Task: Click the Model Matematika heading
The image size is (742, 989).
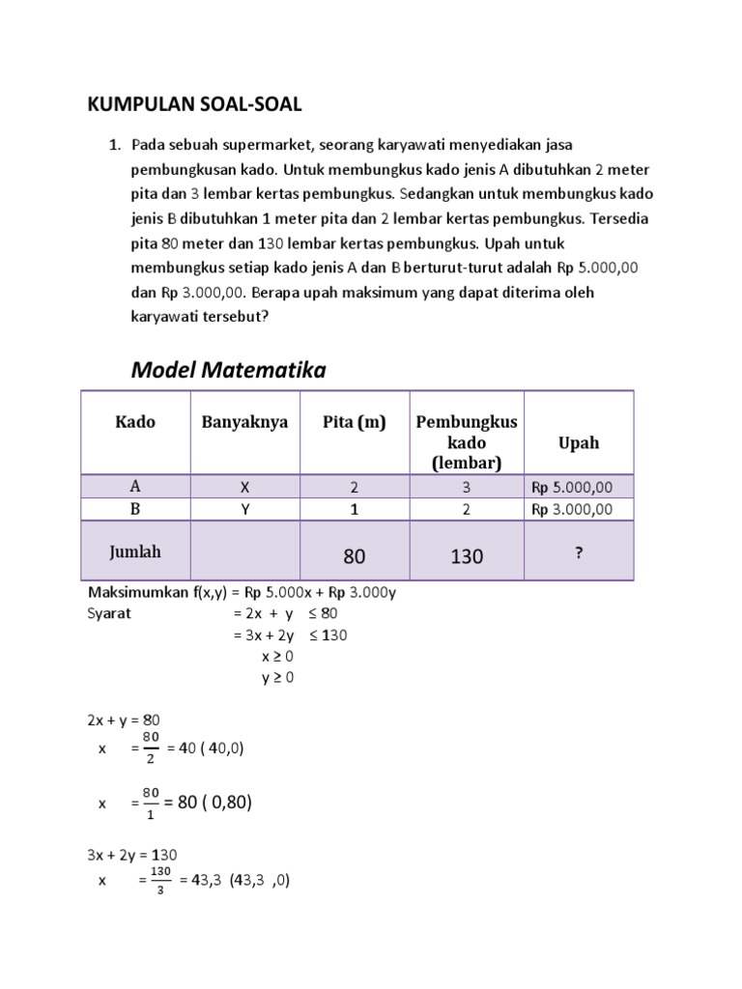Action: point(228,369)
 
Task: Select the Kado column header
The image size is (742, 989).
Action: point(135,422)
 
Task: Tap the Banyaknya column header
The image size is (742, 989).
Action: point(244,422)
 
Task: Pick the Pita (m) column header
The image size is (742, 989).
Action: point(355,422)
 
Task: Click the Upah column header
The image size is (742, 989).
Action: point(579,442)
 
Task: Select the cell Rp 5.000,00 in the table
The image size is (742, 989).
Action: point(579,487)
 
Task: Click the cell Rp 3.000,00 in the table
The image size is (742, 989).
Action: point(579,510)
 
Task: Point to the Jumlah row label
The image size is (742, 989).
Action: point(135,552)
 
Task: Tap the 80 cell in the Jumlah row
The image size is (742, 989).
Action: point(355,556)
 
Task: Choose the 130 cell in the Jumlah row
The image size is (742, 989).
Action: point(467,556)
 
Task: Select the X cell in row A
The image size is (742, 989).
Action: point(244,487)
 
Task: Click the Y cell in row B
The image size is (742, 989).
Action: point(244,510)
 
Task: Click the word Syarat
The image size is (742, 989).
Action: point(109,613)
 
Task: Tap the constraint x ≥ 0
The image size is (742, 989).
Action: point(277,656)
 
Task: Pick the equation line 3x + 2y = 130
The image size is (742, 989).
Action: point(132,855)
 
